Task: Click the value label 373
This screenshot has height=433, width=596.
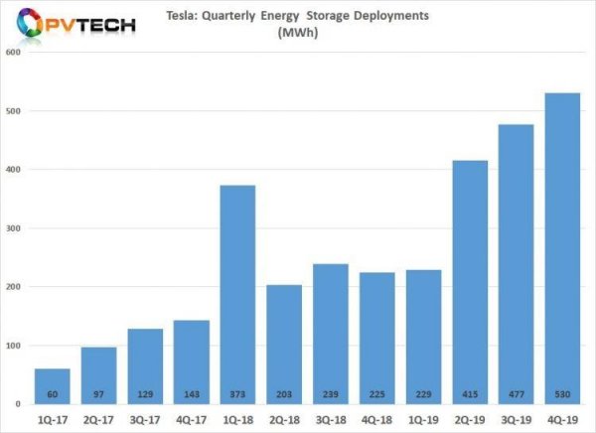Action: [236, 393]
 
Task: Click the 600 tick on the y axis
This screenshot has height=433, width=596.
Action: [13, 53]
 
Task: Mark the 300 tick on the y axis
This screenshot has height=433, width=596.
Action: [13, 228]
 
